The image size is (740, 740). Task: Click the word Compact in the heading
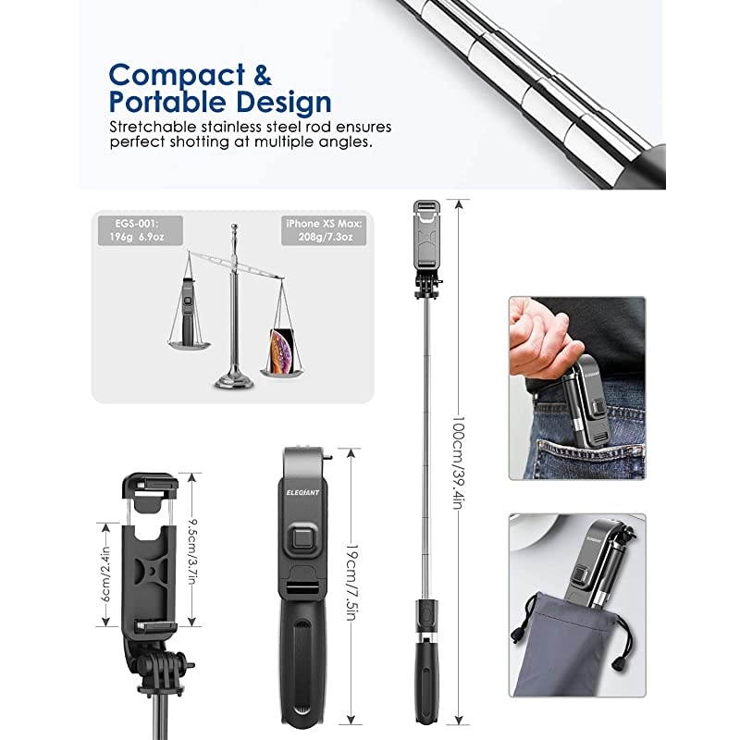[177, 76]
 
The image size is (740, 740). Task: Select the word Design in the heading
[283, 102]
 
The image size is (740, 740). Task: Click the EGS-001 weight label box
[141, 230]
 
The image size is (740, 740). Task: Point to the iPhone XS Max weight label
[324, 230]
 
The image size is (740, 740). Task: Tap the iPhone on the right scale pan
[283, 351]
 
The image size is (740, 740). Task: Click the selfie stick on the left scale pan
[189, 311]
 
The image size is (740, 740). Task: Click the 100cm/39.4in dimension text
[458, 463]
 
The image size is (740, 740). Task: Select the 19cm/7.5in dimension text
[351, 583]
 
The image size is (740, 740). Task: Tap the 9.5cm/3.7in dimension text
[192, 551]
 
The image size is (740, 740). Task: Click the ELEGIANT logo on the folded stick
[302, 493]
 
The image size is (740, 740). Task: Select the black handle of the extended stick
[426, 684]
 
